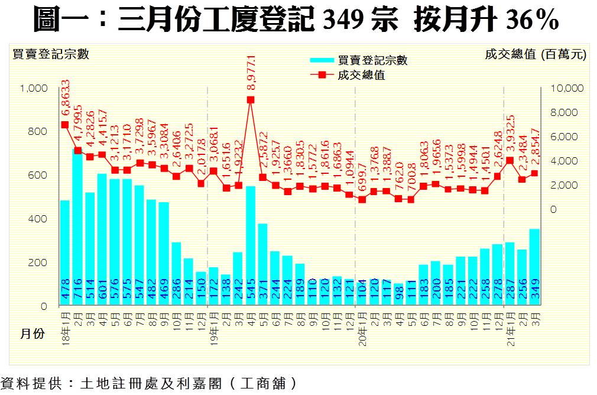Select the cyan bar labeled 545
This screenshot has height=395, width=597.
click(251, 245)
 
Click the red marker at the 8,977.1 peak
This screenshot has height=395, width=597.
click(251, 100)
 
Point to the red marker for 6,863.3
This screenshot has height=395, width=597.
click(65, 125)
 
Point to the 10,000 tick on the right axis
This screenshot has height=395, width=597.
click(567, 88)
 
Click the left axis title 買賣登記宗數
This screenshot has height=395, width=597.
click(51, 54)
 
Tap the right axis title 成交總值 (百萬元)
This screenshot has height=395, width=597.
click(536, 54)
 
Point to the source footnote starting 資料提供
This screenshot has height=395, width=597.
click(148, 383)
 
